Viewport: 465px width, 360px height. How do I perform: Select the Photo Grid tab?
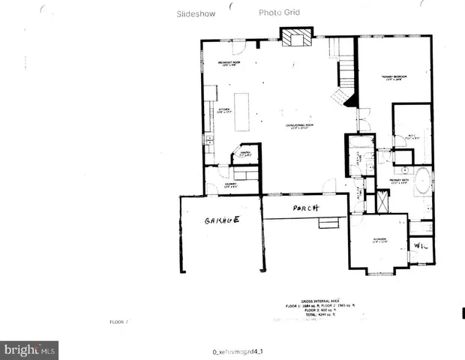280,13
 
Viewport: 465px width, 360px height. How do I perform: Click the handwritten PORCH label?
306,208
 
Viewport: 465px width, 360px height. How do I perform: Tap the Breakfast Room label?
227,63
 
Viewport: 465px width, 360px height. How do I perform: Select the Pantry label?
244,153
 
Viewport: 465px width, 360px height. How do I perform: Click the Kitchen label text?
223,110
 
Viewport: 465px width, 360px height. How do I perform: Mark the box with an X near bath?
383,201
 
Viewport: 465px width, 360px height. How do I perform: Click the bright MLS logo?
30,349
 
